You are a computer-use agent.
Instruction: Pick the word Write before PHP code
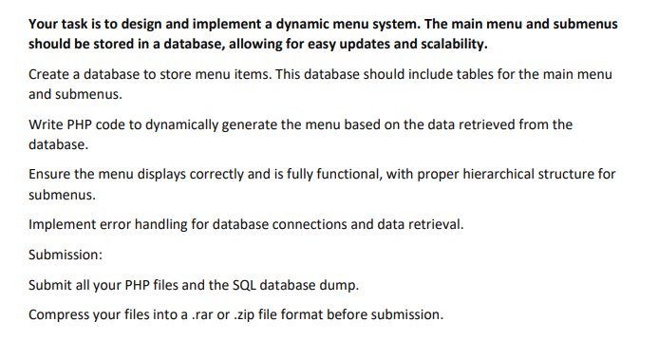(x=47, y=125)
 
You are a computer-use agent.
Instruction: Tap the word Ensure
(x=52, y=177)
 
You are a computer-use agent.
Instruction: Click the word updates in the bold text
(x=357, y=45)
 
